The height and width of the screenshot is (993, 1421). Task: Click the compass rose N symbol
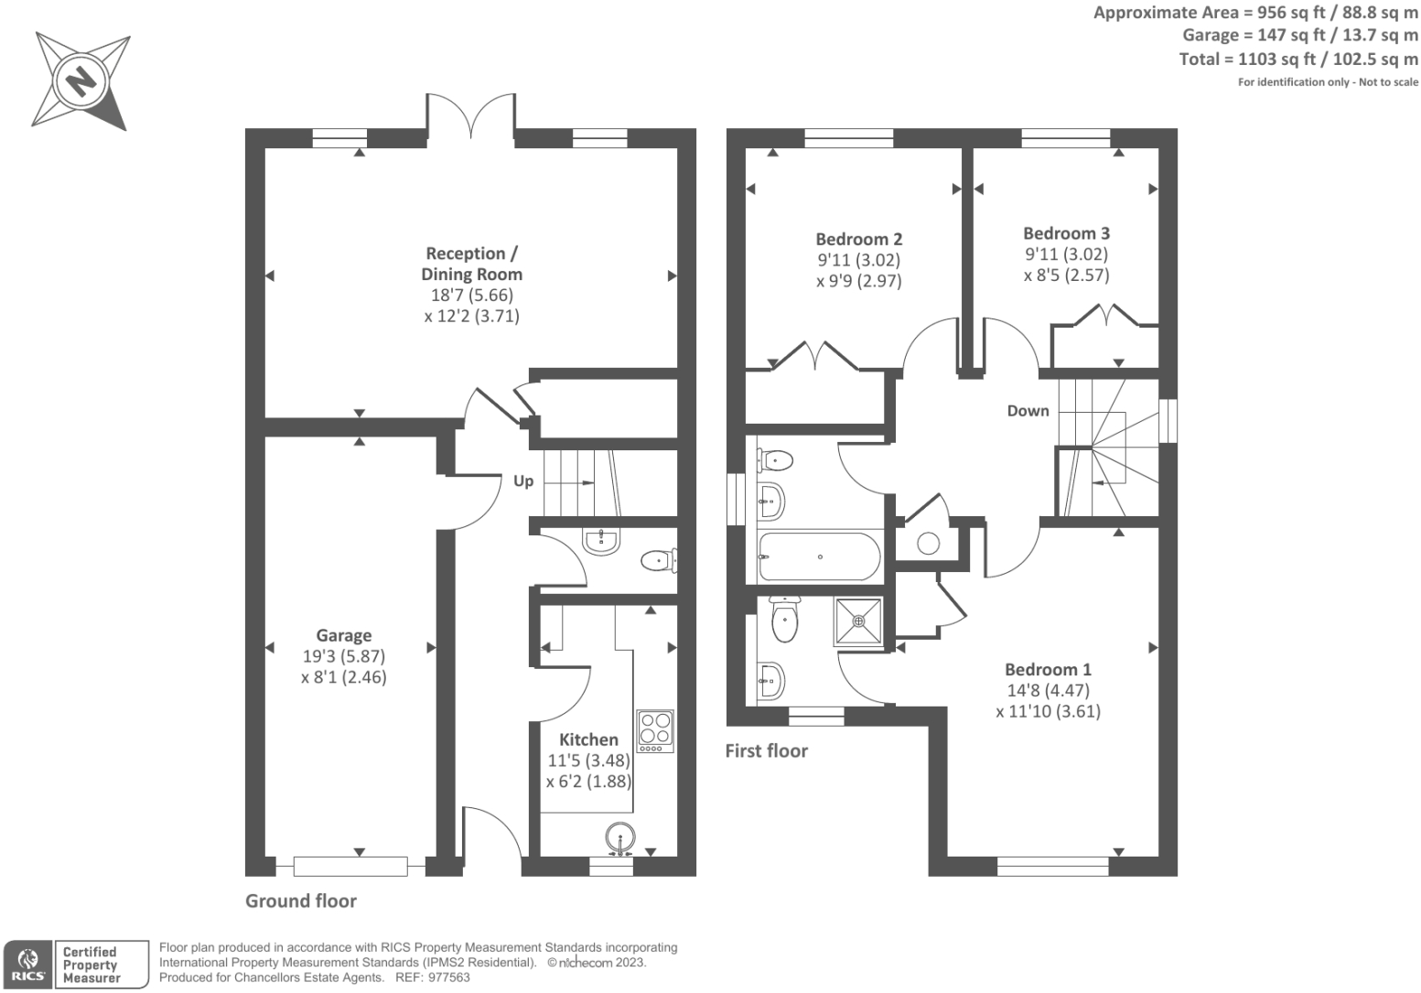tap(81, 81)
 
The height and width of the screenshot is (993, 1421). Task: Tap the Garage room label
tap(343, 635)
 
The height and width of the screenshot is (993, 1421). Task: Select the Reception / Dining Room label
tap(471, 264)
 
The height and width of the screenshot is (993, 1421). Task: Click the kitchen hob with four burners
tap(655, 730)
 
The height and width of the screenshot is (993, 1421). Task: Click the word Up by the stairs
tap(523, 480)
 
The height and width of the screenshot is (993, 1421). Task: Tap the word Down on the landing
tap(1028, 411)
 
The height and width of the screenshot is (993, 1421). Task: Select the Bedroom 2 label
tap(858, 239)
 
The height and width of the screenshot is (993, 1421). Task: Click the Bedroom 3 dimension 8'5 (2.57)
tap(1066, 275)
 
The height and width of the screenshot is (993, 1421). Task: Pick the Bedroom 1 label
tap(1048, 669)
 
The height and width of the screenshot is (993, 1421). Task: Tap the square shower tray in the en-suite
tap(858, 622)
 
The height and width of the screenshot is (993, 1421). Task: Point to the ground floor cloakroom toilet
tap(657, 560)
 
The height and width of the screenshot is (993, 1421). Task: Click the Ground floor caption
tap(301, 901)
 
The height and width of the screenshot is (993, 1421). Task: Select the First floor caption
tap(766, 750)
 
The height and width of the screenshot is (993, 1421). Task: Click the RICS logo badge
tap(28, 965)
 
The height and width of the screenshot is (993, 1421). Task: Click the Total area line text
tap(1297, 59)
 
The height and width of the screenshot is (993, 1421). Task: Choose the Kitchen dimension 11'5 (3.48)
tap(588, 761)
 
